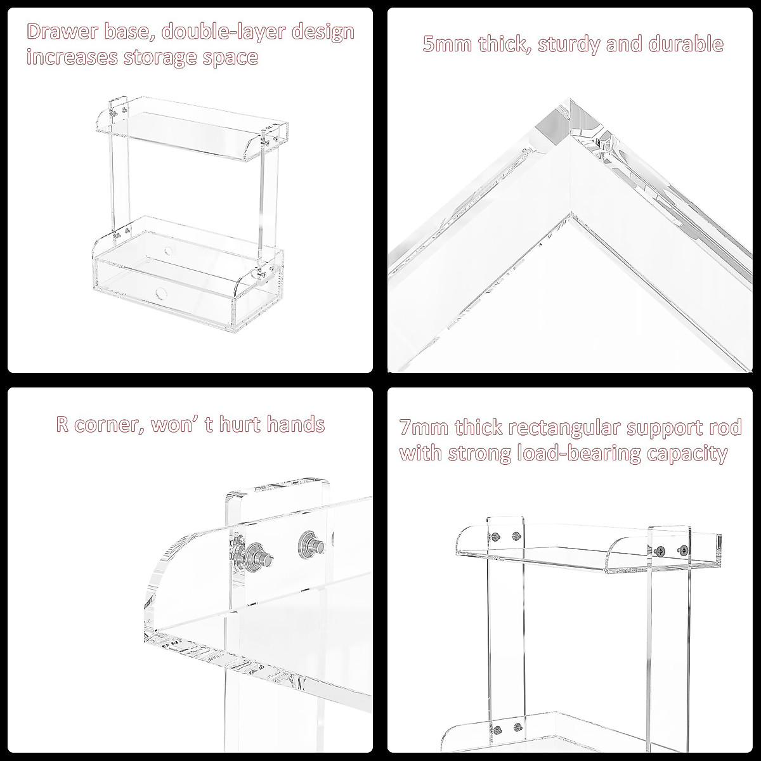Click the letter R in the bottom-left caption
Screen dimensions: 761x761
pos(62,424)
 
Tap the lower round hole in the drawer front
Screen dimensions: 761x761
pos(159,293)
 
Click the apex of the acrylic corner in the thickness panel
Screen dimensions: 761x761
pos(569,101)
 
